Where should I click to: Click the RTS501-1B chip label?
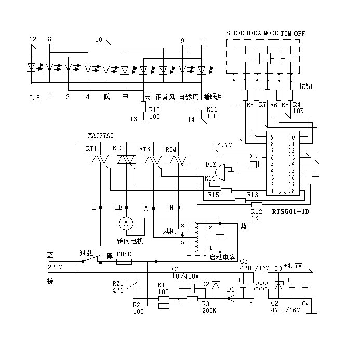coord(290,211)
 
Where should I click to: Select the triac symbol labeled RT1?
coord(99,161)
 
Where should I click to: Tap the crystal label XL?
coord(253,156)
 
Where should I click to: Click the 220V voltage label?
coord(55,267)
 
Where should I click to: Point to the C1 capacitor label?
coord(175,269)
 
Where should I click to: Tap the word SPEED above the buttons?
coord(235,34)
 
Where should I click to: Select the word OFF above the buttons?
coord(300,34)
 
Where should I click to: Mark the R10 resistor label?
coord(154,109)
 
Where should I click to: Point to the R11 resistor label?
coord(212,109)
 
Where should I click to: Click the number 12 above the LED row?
coord(33,39)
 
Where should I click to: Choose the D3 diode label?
coord(278,268)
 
